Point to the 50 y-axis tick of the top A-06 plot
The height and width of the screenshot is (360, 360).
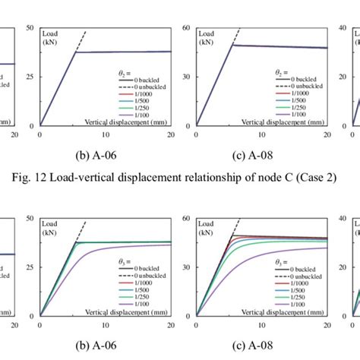[x=30, y=28]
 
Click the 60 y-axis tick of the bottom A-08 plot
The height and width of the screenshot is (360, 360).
[x=185, y=218]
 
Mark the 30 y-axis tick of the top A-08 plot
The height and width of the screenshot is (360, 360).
[x=185, y=77]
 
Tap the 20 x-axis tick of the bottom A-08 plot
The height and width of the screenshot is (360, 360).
[x=326, y=324]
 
